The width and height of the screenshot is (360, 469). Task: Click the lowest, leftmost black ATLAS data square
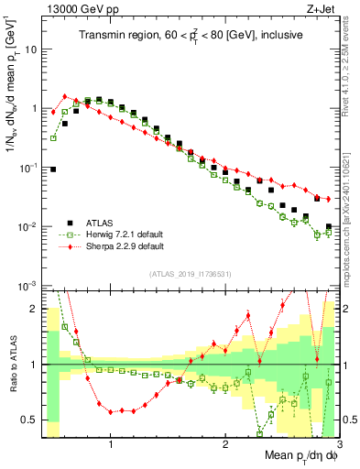tap(53, 169)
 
